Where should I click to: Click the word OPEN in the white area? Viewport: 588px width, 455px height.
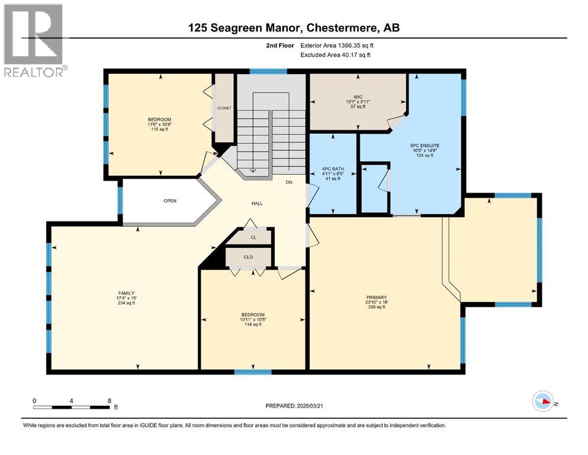pyautogui.click(x=170, y=200)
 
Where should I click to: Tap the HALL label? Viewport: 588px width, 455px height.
pyautogui.click(x=256, y=203)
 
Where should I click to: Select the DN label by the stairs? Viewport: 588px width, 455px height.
pyautogui.click(x=289, y=182)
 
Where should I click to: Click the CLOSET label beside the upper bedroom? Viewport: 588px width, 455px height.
pyautogui.click(x=224, y=108)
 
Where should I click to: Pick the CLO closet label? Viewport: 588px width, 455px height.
pyautogui.click(x=248, y=258)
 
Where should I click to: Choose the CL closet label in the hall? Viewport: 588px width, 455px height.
pyautogui.click(x=252, y=238)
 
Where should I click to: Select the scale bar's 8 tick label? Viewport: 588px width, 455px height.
pyautogui.click(x=109, y=400)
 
